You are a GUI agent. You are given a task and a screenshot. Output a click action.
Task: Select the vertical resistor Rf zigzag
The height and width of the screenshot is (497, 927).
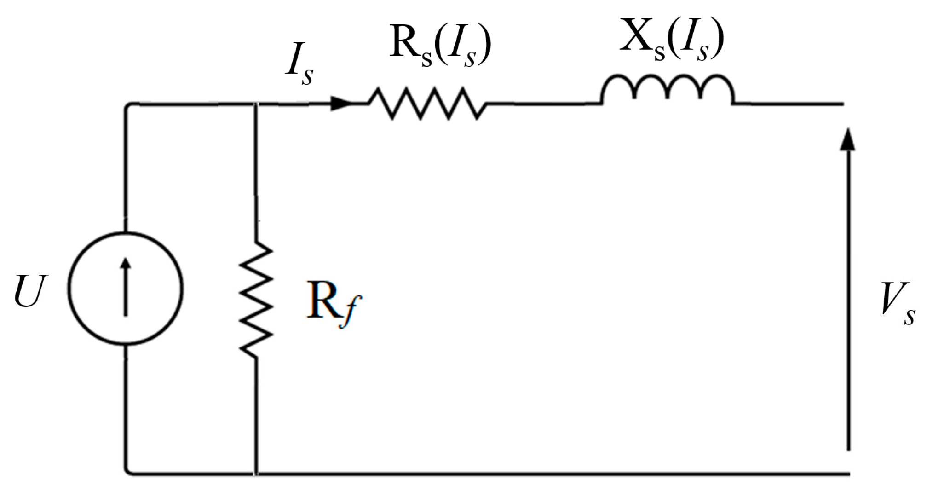(256, 299)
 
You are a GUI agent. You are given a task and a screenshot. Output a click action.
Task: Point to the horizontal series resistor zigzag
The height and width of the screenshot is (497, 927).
(427, 104)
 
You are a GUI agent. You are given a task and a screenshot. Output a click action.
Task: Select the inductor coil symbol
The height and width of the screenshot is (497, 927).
(667, 90)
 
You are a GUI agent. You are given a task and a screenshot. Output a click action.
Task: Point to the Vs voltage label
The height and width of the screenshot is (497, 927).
(897, 304)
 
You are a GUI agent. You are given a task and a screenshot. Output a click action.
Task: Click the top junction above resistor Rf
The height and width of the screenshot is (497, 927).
(256, 104)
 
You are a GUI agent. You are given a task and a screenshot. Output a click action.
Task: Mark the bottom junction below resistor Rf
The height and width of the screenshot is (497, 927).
(256, 473)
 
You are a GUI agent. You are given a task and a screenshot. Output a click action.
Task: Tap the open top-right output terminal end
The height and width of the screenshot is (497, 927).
(842, 104)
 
